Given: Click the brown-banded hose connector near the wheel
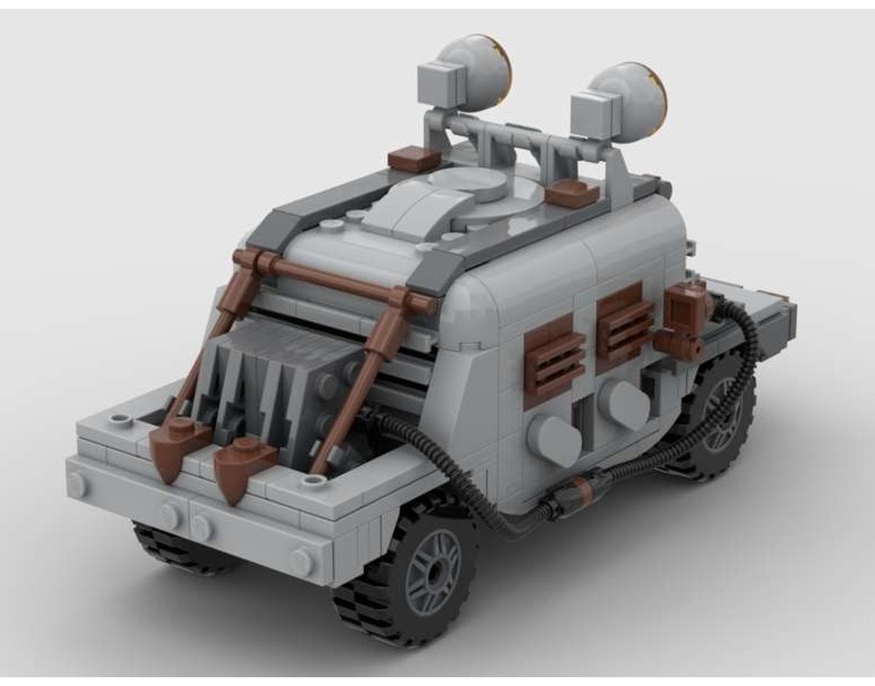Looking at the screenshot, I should [573, 495].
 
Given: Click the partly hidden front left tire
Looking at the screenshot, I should [175, 547].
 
